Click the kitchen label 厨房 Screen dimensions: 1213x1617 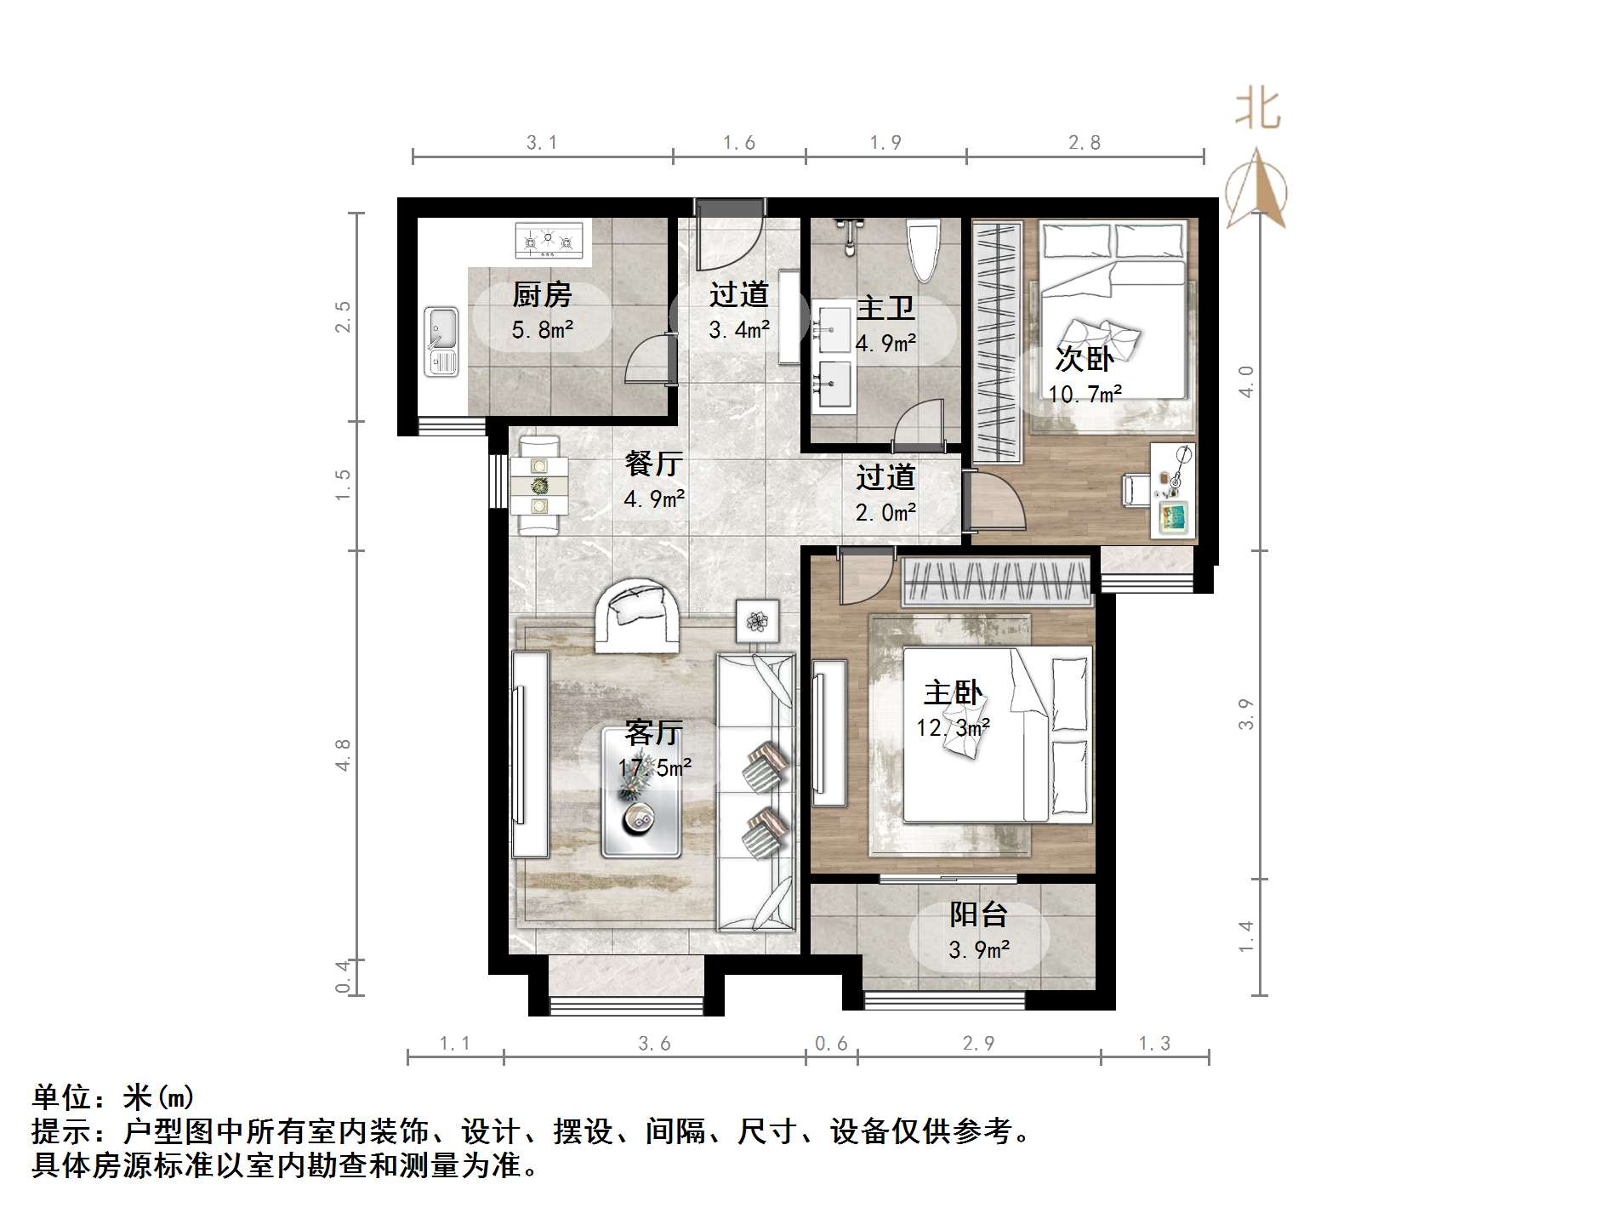pyautogui.click(x=542, y=295)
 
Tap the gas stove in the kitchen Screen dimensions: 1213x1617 pyautogui.click(x=549, y=240)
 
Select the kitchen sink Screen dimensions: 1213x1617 pyautogui.click(x=441, y=341)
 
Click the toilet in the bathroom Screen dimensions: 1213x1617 pyautogui.click(x=923, y=250)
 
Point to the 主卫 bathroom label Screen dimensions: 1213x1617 pyautogui.click(x=885, y=308)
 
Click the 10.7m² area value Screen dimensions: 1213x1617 pyautogui.click(x=1085, y=394)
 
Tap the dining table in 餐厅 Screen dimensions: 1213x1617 pyautogui.click(x=539, y=486)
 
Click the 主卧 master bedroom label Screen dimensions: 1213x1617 pyautogui.click(x=953, y=692)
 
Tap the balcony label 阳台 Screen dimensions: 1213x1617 pyautogui.click(x=978, y=914)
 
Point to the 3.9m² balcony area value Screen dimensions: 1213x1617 pyautogui.click(x=979, y=949)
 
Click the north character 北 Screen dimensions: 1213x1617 pyautogui.click(x=1257, y=110)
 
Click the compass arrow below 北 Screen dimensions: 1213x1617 pyautogui.click(x=1257, y=189)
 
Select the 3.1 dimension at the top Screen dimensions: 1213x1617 pyautogui.click(x=541, y=143)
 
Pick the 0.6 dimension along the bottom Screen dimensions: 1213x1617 pyautogui.click(x=831, y=1044)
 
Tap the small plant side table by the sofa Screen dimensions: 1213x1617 pyautogui.click(x=757, y=622)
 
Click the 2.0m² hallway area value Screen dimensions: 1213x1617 pyautogui.click(x=885, y=512)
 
